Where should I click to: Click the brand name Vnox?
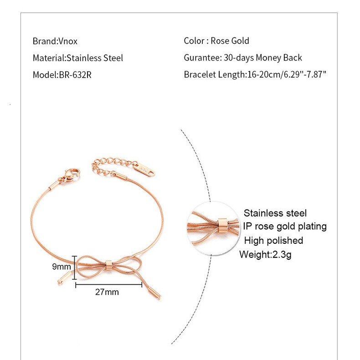coord(68,41)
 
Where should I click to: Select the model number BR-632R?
coord(75,75)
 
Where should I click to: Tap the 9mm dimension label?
coord(62,266)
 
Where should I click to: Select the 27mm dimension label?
coord(107,292)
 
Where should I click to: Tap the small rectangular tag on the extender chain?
coord(144,169)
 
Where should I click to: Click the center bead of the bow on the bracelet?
coord(109,264)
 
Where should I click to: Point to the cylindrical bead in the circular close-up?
coord(222,225)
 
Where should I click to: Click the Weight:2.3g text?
coord(265,254)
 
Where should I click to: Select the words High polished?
coord(273,241)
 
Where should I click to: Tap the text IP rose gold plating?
coord(285,226)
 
